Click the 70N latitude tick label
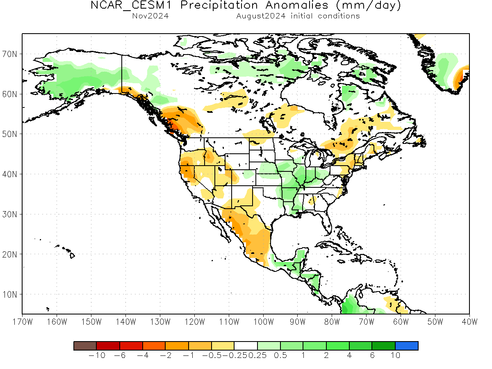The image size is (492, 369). (x=9, y=54)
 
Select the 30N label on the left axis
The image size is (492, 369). (x=9, y=214)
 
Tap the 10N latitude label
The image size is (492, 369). (x=9, y=294)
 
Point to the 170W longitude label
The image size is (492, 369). (x=23, y=322)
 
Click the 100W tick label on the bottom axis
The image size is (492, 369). (x=263, y=322)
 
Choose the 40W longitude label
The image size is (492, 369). (x=469, y=322)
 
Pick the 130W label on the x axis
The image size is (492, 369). (x=160, y=322)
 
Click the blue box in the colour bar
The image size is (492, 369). (x=407, y=346)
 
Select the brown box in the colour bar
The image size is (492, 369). (x=85, y=346)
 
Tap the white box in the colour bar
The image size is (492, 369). (x=246, y=346)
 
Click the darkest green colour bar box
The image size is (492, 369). (x=383, y=346)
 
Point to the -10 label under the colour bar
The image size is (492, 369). (x=97, y=355)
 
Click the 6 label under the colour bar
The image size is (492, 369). (x=372, y=355)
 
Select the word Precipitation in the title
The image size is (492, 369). (x=219, y=5)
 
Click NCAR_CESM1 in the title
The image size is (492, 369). (x=131, y=5)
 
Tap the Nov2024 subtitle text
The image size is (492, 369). (x=150, y=16)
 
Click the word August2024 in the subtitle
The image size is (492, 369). (x=261, y=16)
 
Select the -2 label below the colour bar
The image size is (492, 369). (x=166, y=355)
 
